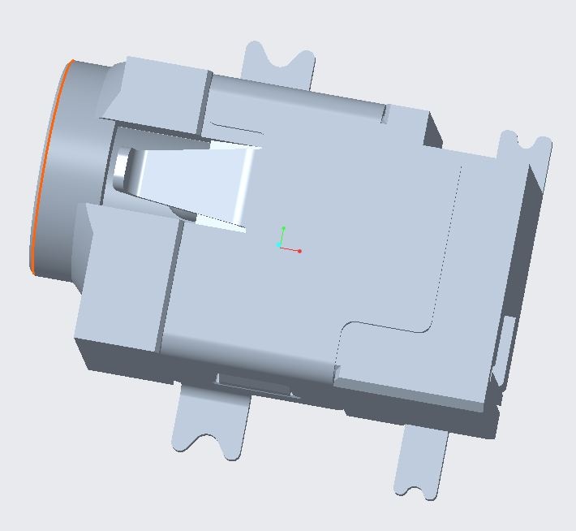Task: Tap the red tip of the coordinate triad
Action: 299,251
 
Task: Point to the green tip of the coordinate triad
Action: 283,228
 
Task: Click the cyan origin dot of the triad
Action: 278,244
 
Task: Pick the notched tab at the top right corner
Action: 524,150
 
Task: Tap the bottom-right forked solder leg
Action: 422,463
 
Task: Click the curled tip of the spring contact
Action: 121,166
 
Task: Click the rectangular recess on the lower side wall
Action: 253,384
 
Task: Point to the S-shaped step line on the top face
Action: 385,325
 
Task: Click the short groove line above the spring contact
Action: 235,129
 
